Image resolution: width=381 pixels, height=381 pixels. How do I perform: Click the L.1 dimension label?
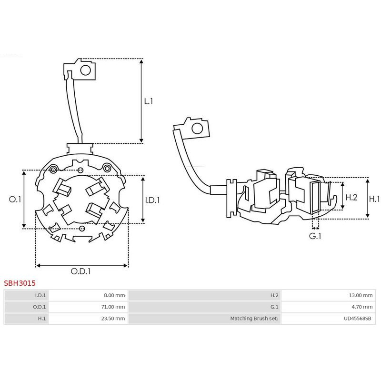point(149,101)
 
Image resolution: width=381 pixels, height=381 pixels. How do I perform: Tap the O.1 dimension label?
point(15,200)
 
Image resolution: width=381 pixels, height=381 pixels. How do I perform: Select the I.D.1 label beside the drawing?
point(152,200)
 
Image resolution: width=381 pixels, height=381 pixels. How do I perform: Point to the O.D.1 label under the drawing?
point(80,271)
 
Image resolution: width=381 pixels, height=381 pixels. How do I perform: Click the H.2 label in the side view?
point(351,197)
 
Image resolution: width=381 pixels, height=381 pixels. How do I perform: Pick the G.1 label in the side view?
point(315,236)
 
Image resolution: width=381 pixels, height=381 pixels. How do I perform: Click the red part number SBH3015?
point(20,283)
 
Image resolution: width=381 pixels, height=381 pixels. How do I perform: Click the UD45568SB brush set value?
point(358,318)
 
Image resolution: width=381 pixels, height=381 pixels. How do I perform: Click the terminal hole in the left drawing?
point(86,70)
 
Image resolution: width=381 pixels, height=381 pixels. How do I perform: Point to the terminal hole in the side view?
point(197,128)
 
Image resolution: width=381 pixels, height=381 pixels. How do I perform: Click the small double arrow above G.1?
point(315,228)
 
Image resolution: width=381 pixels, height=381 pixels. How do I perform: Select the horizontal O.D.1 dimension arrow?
point(81,266)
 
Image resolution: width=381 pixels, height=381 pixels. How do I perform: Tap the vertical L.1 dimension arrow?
point(141,101)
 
